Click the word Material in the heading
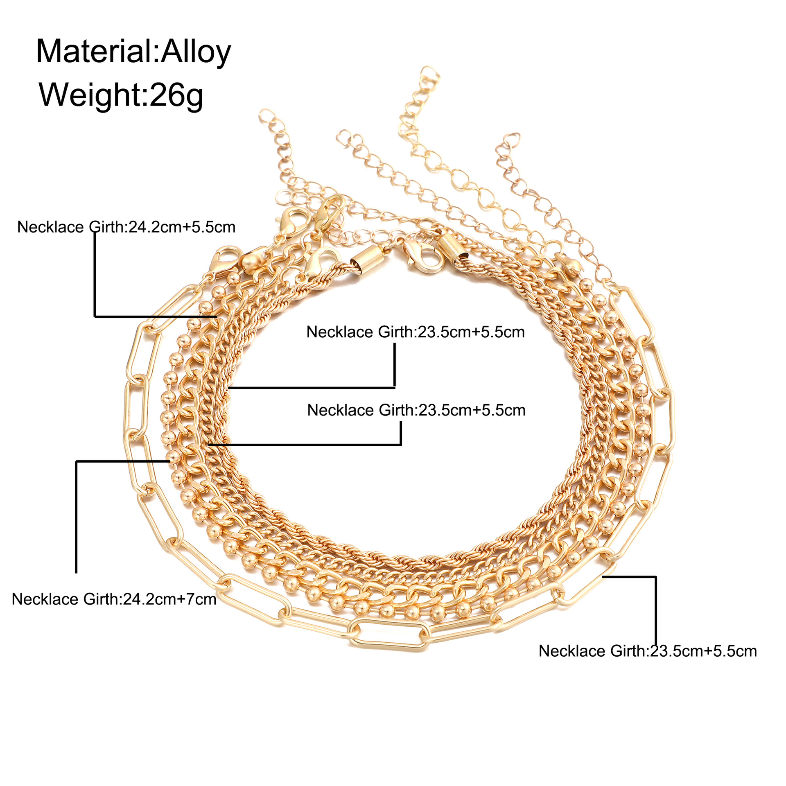94,52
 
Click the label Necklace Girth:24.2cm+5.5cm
126,227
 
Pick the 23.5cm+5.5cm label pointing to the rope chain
416,332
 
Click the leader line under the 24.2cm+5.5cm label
95,278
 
